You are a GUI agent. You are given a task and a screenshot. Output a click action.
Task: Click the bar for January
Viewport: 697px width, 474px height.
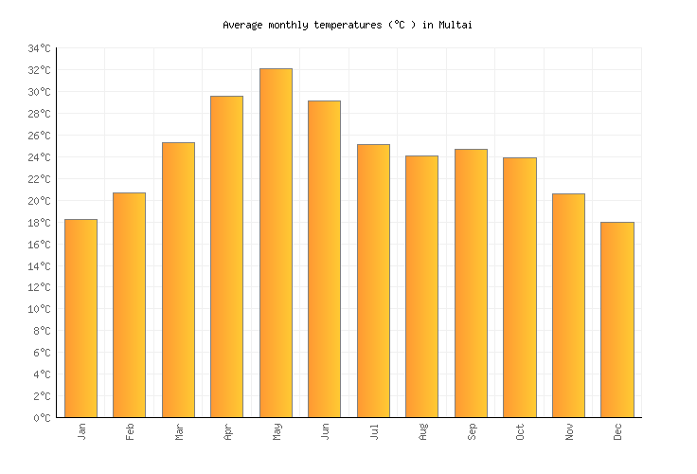[80, 318]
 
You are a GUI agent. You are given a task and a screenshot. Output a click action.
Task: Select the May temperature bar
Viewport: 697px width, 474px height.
[276, 243]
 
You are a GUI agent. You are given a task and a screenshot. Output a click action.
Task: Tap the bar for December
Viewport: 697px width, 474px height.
[617, 319]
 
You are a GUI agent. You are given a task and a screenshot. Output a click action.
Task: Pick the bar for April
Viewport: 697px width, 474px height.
[226, 256]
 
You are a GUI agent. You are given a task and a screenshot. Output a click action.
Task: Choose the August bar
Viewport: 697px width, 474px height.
[421, 286]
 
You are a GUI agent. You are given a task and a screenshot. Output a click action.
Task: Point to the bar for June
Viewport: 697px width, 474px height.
[324, 259]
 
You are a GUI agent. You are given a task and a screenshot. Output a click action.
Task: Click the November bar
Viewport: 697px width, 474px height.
[568, 305]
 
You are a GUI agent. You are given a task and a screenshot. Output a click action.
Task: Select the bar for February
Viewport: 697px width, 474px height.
[129, 304]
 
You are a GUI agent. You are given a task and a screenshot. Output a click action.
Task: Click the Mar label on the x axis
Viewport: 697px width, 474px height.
[179, 432]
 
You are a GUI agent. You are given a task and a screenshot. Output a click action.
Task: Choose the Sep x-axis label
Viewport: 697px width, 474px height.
[472, 432]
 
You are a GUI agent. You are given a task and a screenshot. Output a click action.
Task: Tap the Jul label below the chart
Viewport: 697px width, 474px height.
[374, 432]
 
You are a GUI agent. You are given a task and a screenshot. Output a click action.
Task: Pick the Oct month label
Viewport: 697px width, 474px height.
[520, 432]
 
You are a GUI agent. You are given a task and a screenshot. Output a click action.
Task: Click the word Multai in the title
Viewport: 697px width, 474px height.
[455, 25]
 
